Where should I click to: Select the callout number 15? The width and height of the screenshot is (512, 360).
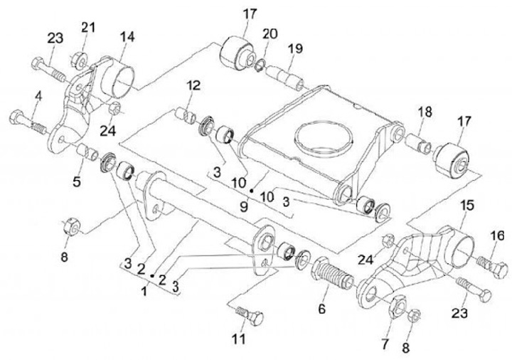coord(467,206)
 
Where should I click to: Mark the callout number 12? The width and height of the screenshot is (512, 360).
coord(194,87)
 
